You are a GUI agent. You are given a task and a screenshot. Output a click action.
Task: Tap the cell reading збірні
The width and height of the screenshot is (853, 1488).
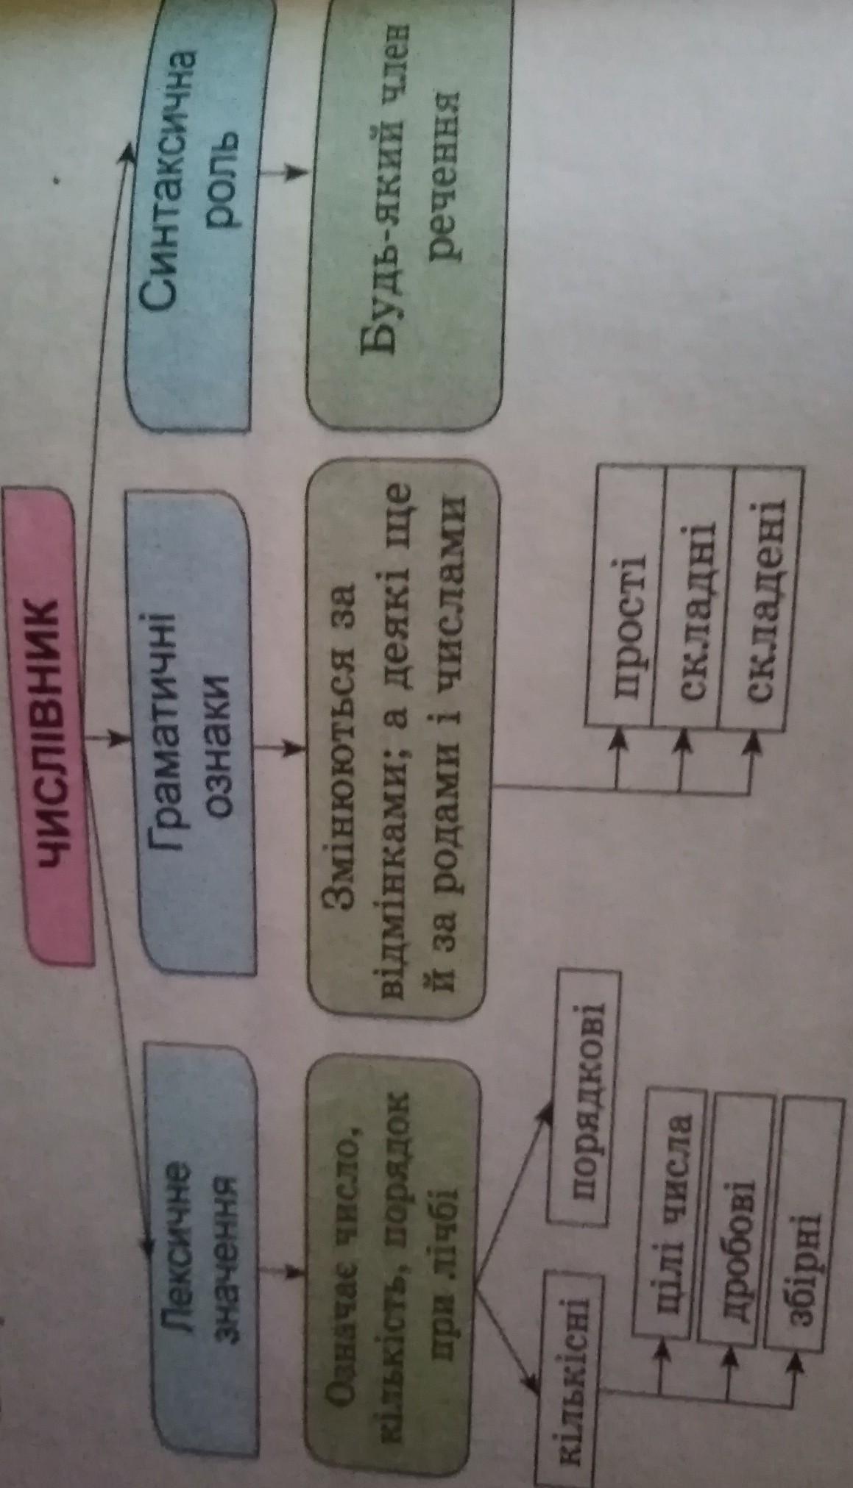[x=801, y=1214]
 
